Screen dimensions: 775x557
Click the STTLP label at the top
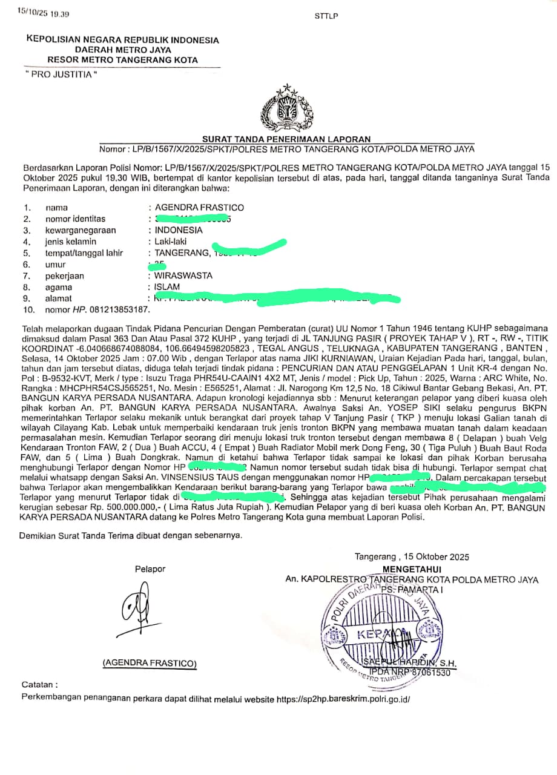click(x=326, y=16)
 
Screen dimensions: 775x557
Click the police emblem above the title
click(x=286, y=110)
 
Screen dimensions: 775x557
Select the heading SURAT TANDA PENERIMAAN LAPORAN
click(x=286, y=139)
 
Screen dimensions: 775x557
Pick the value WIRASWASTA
click(x=183, y=275)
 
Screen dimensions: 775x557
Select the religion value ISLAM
click(x=167, y=287)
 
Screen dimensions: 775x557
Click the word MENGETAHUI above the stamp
click(x=412, y=569)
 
